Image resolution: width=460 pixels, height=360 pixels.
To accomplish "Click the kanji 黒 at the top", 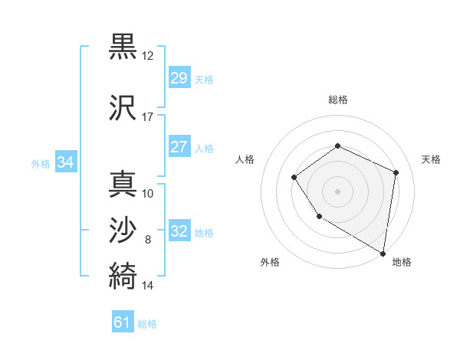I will point(123,47).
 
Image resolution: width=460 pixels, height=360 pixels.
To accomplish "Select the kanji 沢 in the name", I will point(123,108).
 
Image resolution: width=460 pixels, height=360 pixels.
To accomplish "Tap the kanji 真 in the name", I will point(123,184).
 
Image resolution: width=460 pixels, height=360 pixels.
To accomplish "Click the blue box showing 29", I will point(179,78).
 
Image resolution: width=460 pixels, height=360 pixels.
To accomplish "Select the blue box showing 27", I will point(179,148).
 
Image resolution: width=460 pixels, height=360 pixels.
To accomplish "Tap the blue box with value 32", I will point(179,231).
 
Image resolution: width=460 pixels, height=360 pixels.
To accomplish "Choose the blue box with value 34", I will point(65,162).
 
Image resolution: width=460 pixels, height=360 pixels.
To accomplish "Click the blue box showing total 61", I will point(123,322).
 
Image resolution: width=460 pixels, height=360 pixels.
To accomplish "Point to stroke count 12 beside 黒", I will point(148,56).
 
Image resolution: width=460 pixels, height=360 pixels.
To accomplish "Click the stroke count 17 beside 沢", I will point(148,117).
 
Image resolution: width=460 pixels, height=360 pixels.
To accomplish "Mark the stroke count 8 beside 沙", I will point(148,240).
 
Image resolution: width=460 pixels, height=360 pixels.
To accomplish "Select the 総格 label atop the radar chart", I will point(337,100).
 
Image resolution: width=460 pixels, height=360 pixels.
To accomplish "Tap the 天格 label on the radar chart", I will point(431,159).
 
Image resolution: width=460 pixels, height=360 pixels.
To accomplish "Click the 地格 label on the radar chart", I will point(402,263).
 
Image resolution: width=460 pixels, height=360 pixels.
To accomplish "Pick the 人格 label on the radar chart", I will point(245,159).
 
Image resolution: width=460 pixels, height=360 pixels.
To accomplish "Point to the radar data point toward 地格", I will point(383,254).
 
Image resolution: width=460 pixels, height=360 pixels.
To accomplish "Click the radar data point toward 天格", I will point(396,172).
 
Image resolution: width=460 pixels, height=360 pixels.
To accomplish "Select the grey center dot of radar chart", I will point(337,191).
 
